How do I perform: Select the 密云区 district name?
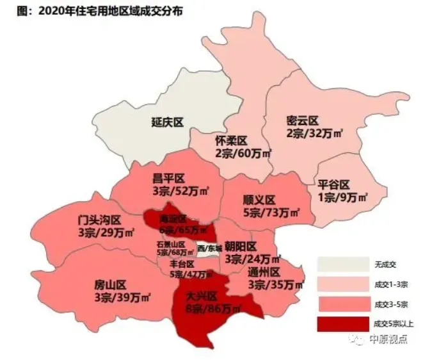[x=303, y=120]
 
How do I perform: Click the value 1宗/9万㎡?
[x=342, y=198]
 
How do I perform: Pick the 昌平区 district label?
[x=169, y=178]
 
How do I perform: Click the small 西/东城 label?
[x=210, y=248]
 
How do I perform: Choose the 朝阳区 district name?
[x=241, y=247]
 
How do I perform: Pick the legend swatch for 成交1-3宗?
[x=341, y=283]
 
